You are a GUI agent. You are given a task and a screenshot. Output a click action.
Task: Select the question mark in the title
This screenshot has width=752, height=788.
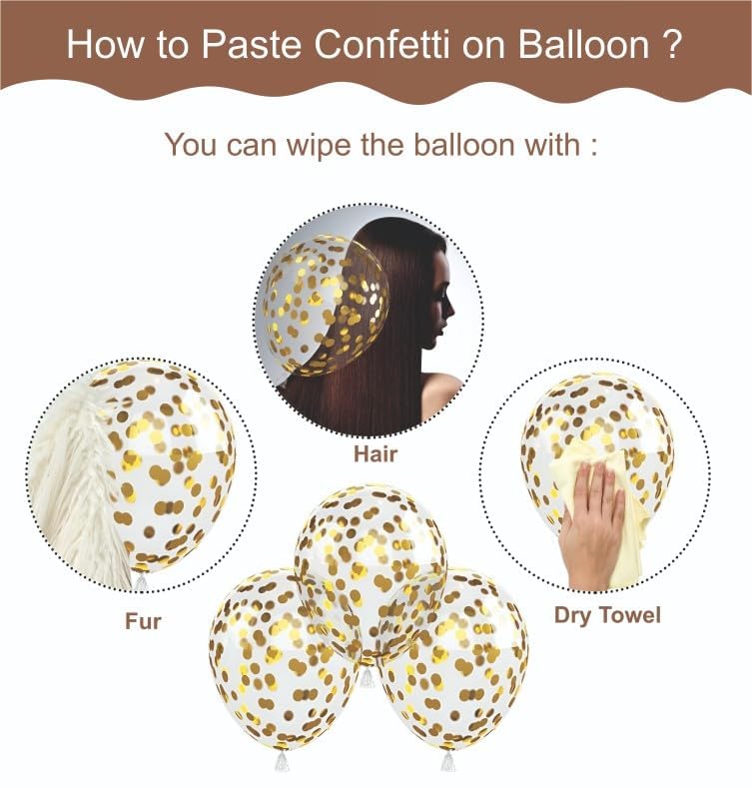[x=673, y=44]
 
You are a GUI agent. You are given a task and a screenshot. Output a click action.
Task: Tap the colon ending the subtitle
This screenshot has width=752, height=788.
[x=593, y=146]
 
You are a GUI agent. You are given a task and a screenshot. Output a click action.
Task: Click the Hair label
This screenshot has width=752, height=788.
[x=376, y=455]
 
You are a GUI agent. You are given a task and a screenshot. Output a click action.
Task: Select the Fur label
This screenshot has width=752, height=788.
[x=143, y=621]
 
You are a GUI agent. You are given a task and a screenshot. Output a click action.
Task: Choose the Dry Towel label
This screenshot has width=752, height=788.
[x=607, y=615]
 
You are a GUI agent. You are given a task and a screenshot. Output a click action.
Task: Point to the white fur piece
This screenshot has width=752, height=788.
[x=80, y=479]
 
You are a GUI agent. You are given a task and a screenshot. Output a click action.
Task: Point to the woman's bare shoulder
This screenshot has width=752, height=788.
[x=440, y=394]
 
